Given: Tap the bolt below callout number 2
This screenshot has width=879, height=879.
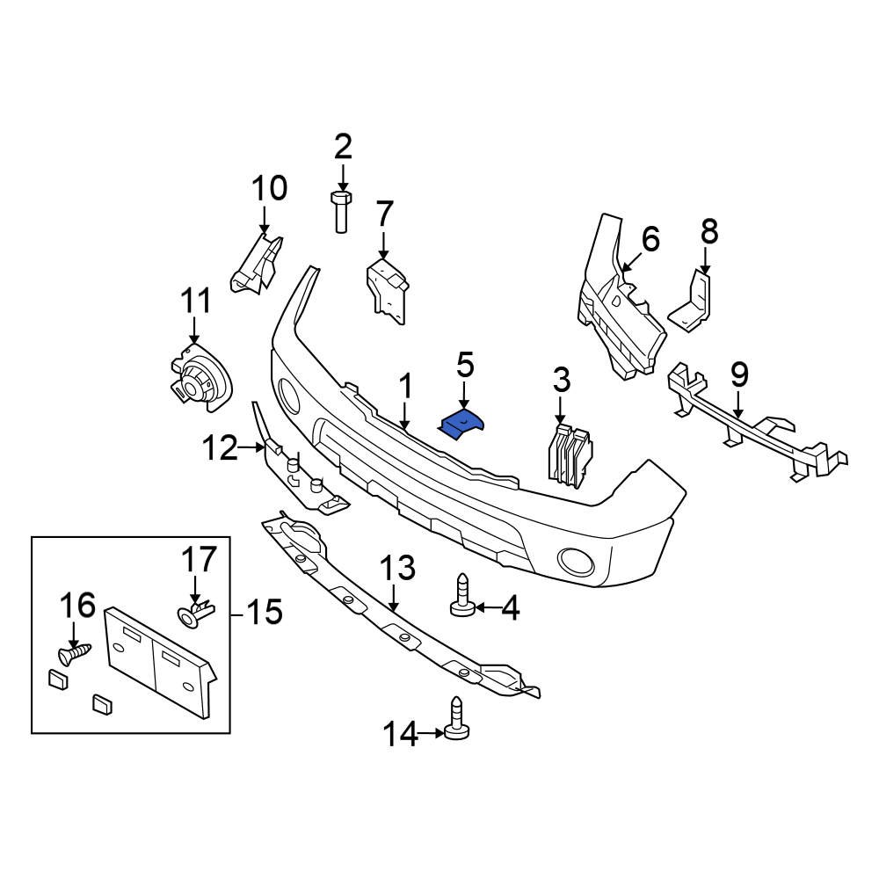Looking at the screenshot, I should click(x=342, y=210).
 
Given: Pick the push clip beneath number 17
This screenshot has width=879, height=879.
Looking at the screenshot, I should click(x=195, y=613).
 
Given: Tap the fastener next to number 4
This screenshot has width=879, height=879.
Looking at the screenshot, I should click(x=462, y=597).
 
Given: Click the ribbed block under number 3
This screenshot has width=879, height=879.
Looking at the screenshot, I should click(x=570, y=454).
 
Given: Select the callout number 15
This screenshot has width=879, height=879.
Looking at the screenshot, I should click(x=264, y=611).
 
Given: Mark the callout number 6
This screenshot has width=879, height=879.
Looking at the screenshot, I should click(x=650, y=238).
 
